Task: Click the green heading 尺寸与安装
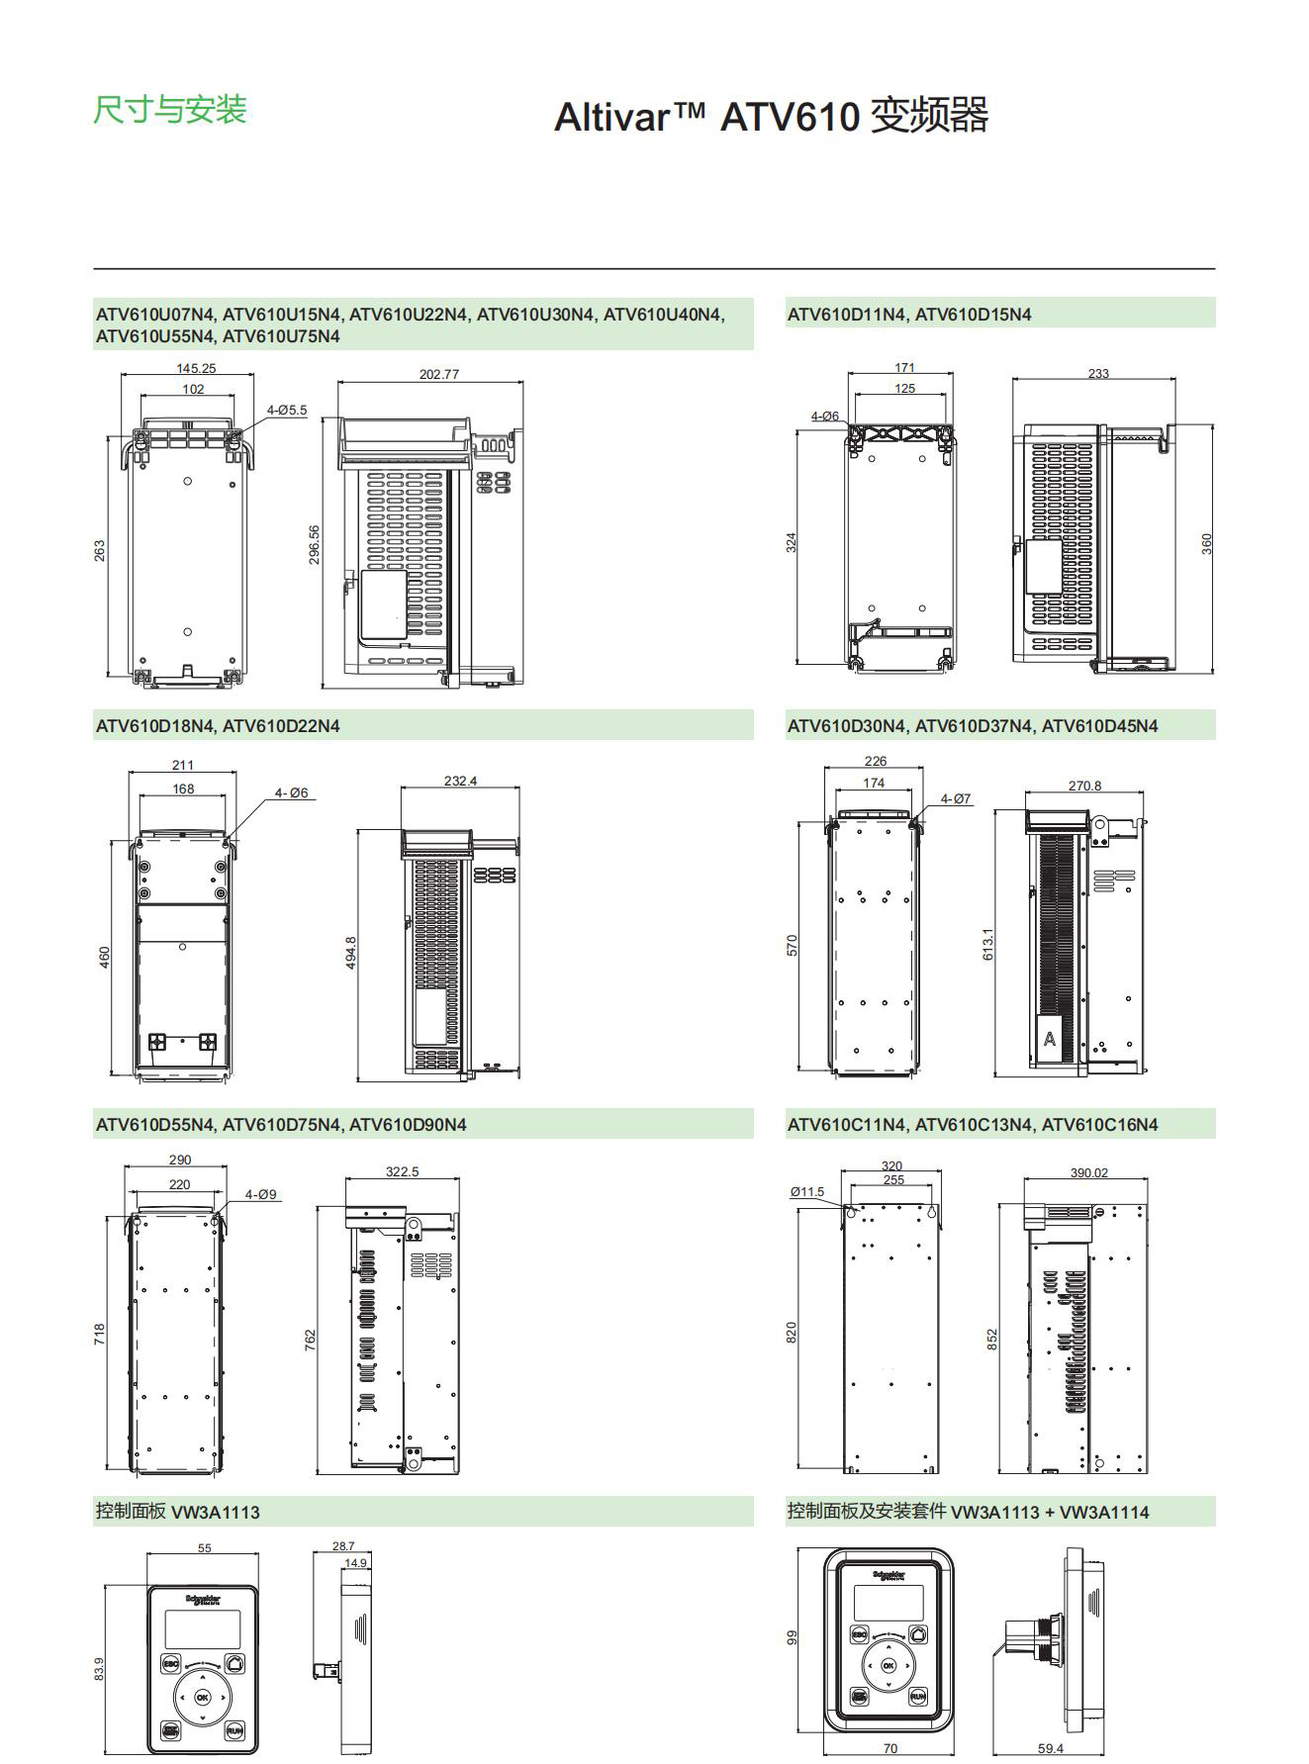[x=169, y=110]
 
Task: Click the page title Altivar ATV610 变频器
[x=771, y=117]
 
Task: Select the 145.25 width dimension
[x=196, y=368]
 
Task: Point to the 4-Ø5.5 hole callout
[x=286, y=410]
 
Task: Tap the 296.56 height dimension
[x=315, y=545]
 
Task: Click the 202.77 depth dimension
[x=438, y=375]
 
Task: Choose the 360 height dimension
[x=1206, y=543]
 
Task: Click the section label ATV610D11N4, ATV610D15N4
[x=908, y=315]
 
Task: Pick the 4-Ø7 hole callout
[x=955, y=798]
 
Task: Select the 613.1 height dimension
[x=987, y=944]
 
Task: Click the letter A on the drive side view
[x=1050, y=1040]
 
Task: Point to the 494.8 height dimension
[x=350, y=952]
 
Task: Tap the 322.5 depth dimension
[x=402, y=1171]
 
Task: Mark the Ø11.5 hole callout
[x=806, y=1191]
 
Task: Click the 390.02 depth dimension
[x=1088, y=1172]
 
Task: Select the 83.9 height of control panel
[x=98, y=1668]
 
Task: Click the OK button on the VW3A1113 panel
[x=202, y=1696]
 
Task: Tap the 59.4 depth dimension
[x=1051, y=1748]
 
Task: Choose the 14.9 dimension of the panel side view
[x=355, y=1563]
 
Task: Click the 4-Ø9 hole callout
[x=260, y=1194]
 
